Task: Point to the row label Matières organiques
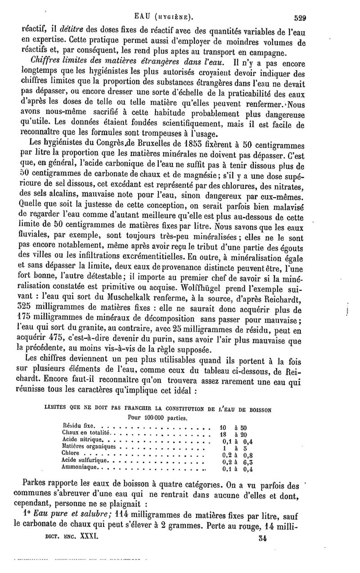tap(88, 447)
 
